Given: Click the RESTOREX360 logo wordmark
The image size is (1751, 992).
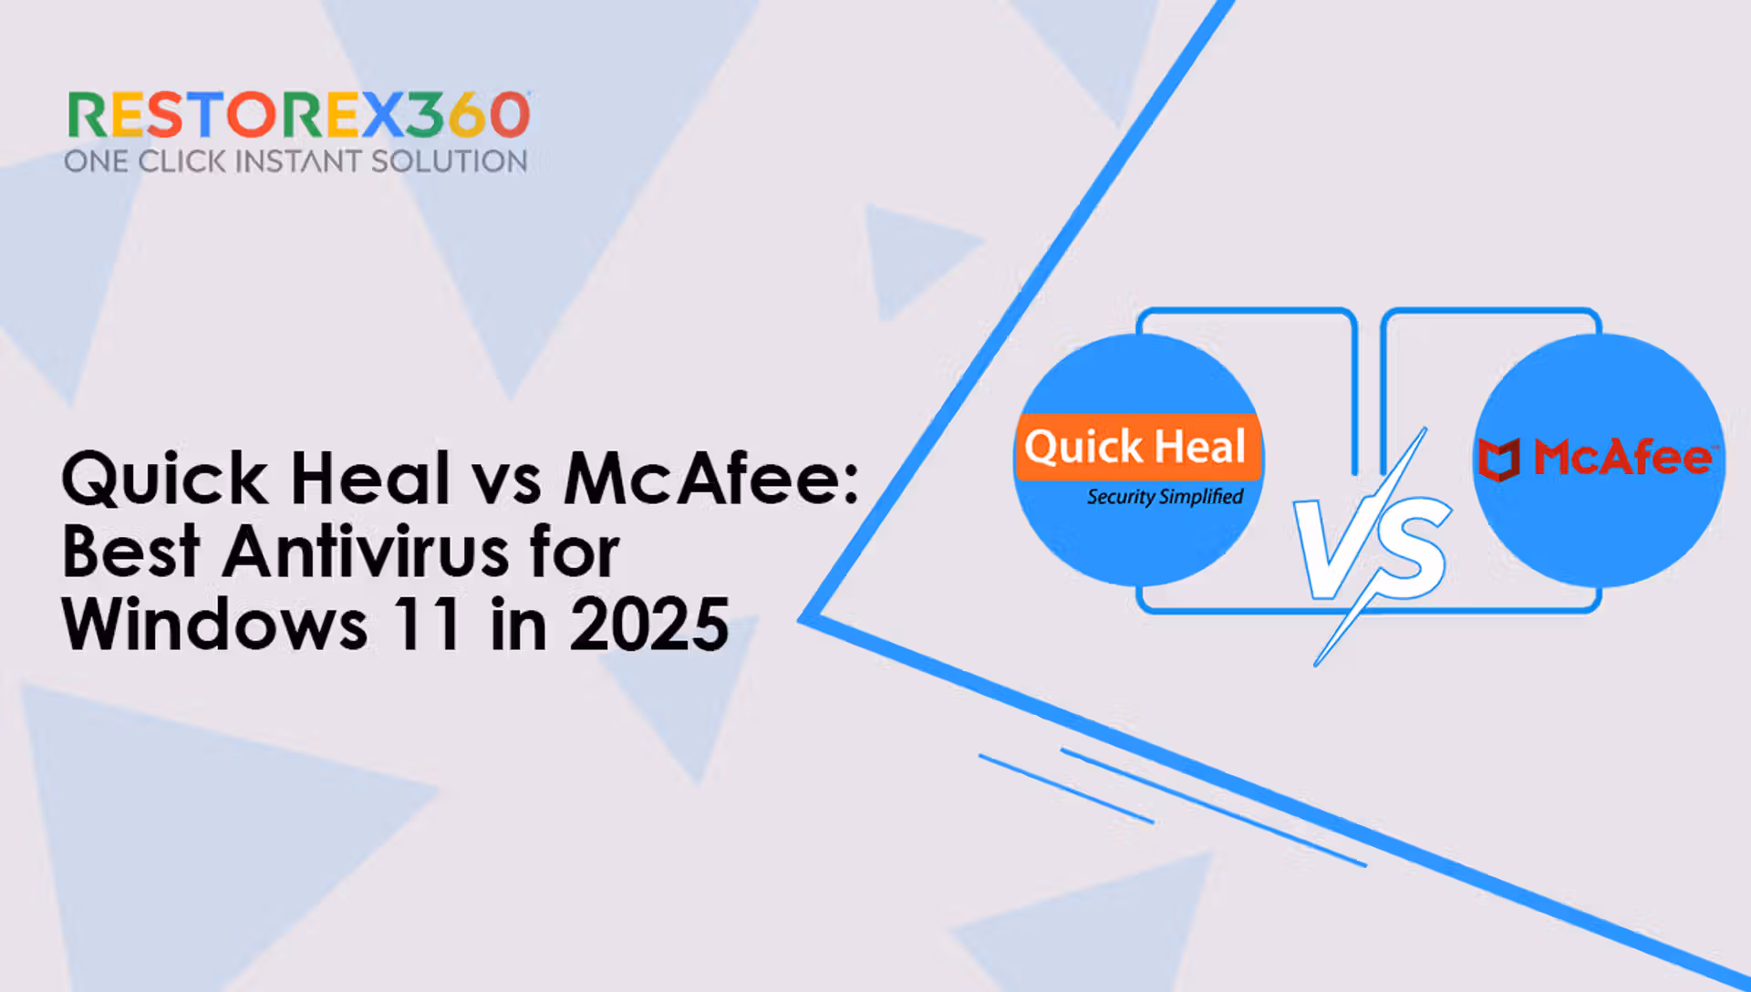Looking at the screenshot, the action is pos(299,116).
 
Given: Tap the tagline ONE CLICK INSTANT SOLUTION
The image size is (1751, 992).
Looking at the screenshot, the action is pos(296,161).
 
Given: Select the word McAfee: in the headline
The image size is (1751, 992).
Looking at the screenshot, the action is pos(711,478).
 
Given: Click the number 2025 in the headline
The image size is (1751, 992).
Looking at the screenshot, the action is pos(648,625).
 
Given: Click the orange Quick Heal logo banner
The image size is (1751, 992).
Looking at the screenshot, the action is pos(1138,447).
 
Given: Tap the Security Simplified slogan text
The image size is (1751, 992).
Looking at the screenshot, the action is pos(1165,497).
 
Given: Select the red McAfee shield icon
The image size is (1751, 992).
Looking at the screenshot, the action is pos(1498,459).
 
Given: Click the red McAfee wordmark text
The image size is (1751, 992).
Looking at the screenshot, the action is pos(1623,457).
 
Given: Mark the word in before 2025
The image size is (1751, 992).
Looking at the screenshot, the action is pos(518,625).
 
